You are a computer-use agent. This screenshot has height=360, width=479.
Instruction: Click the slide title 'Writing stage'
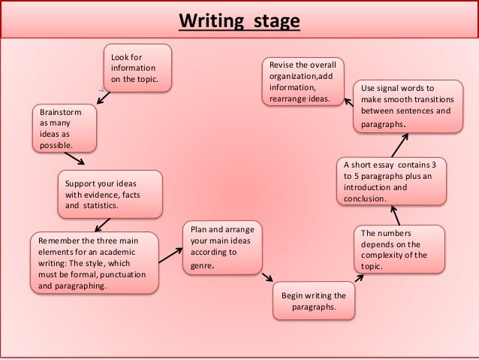(x=239, y=18)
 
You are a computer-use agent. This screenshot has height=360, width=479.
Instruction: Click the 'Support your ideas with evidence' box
(x=109, y=194)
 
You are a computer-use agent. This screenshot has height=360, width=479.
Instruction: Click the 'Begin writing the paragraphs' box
(x=314, y=301)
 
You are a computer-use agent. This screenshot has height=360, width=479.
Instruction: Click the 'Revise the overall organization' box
(x=303, y=82)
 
